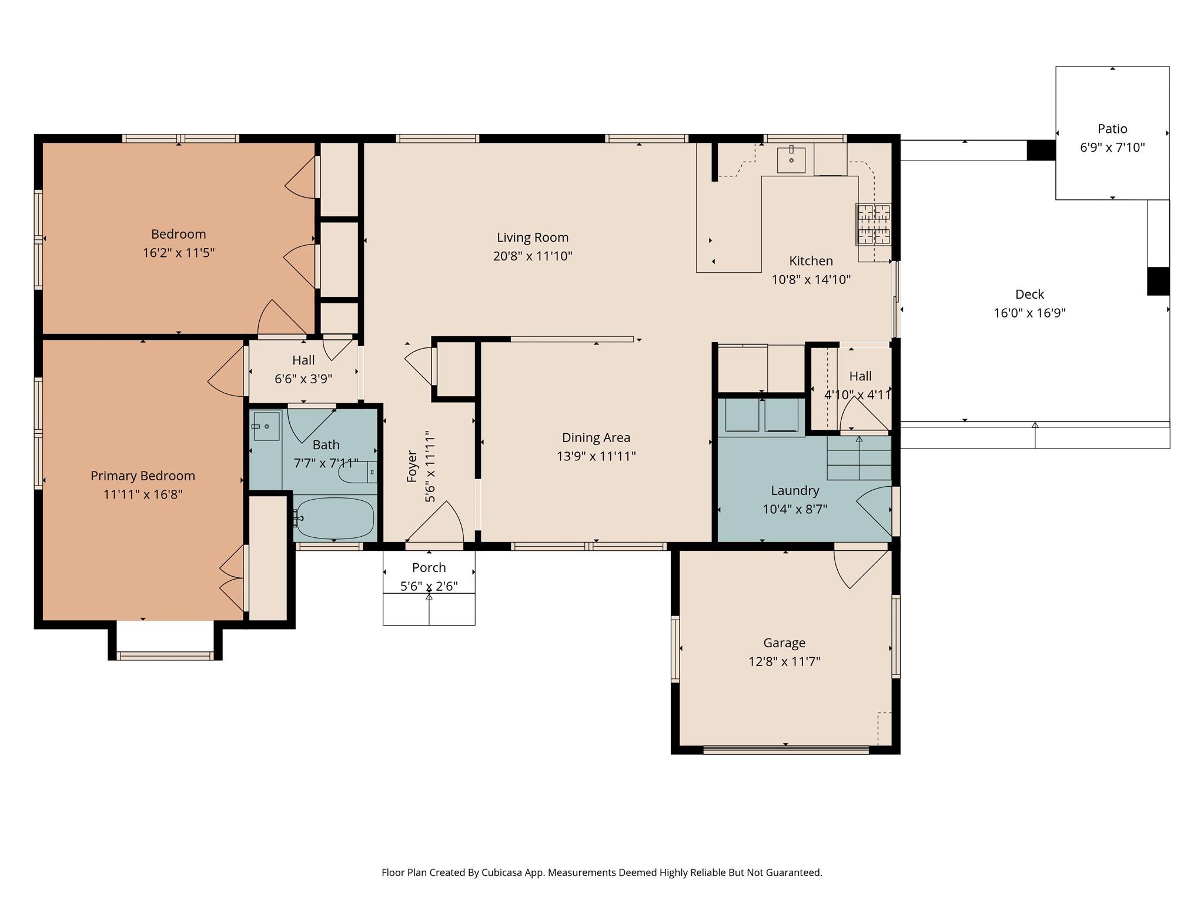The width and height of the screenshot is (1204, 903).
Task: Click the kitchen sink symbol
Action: pyautogui.click(x=791, y=159)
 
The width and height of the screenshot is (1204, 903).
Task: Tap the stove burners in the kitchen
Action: pyautogui.click(x=873, y=224)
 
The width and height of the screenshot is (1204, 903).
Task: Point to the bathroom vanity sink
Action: pyautogui.click(x=266, y=426)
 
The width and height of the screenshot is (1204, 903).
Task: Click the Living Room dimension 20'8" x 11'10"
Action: pyautogui.click(x=533, y=256)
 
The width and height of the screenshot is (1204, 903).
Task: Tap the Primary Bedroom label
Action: pyautogui.click(x=143, y=476)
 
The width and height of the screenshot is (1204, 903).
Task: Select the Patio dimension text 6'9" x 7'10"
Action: pyautogui.click(x=1112, y=148)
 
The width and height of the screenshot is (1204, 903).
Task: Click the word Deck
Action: pyautogui.click(x=1029, y=294)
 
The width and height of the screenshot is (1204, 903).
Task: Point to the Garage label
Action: pyautogui.click(x=784, y=643)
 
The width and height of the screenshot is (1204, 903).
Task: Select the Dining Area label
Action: pyautogui.click(x=596, y=437)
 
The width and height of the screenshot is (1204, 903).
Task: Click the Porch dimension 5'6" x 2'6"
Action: pyautogui.click(x=429, y=586)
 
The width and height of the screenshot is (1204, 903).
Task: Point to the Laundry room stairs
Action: pyautogui.click(x=859, y=457)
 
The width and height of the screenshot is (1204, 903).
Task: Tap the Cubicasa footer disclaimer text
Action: pyautogui.click(x=601, y=872)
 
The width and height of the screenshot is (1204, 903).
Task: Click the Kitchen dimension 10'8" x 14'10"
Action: pyautogui.click(x=811, y=280)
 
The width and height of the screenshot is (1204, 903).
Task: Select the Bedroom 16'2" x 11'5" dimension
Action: pyautogui.click(x=178, y=253)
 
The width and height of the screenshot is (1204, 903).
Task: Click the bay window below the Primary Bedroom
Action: pyautogui.click(x=165, y=655)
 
